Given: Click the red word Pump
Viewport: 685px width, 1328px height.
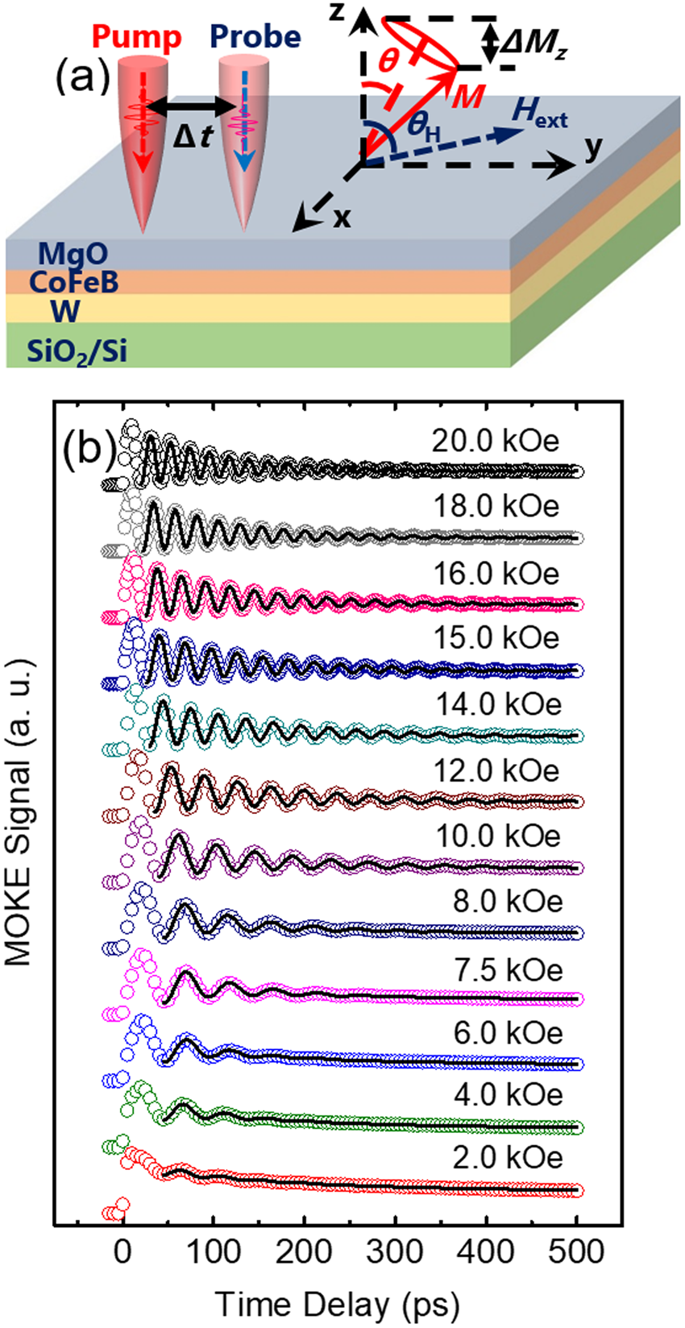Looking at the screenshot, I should [x=136, y=37].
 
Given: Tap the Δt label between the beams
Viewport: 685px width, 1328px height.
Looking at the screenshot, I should [x=193, y=136].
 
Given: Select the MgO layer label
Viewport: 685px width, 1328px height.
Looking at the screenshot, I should [x=73, y=255].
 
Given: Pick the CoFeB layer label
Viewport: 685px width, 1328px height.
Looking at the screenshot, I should [x=73, y=282].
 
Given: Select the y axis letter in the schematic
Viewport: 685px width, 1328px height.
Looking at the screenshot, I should [x=594, y=151].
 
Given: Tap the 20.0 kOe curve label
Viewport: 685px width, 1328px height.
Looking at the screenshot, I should [x=496, y=441].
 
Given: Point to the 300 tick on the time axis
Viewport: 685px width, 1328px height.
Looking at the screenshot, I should [x=395, y=1251].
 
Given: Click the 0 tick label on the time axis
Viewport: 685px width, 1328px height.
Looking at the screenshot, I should [x=122, y=1251].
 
